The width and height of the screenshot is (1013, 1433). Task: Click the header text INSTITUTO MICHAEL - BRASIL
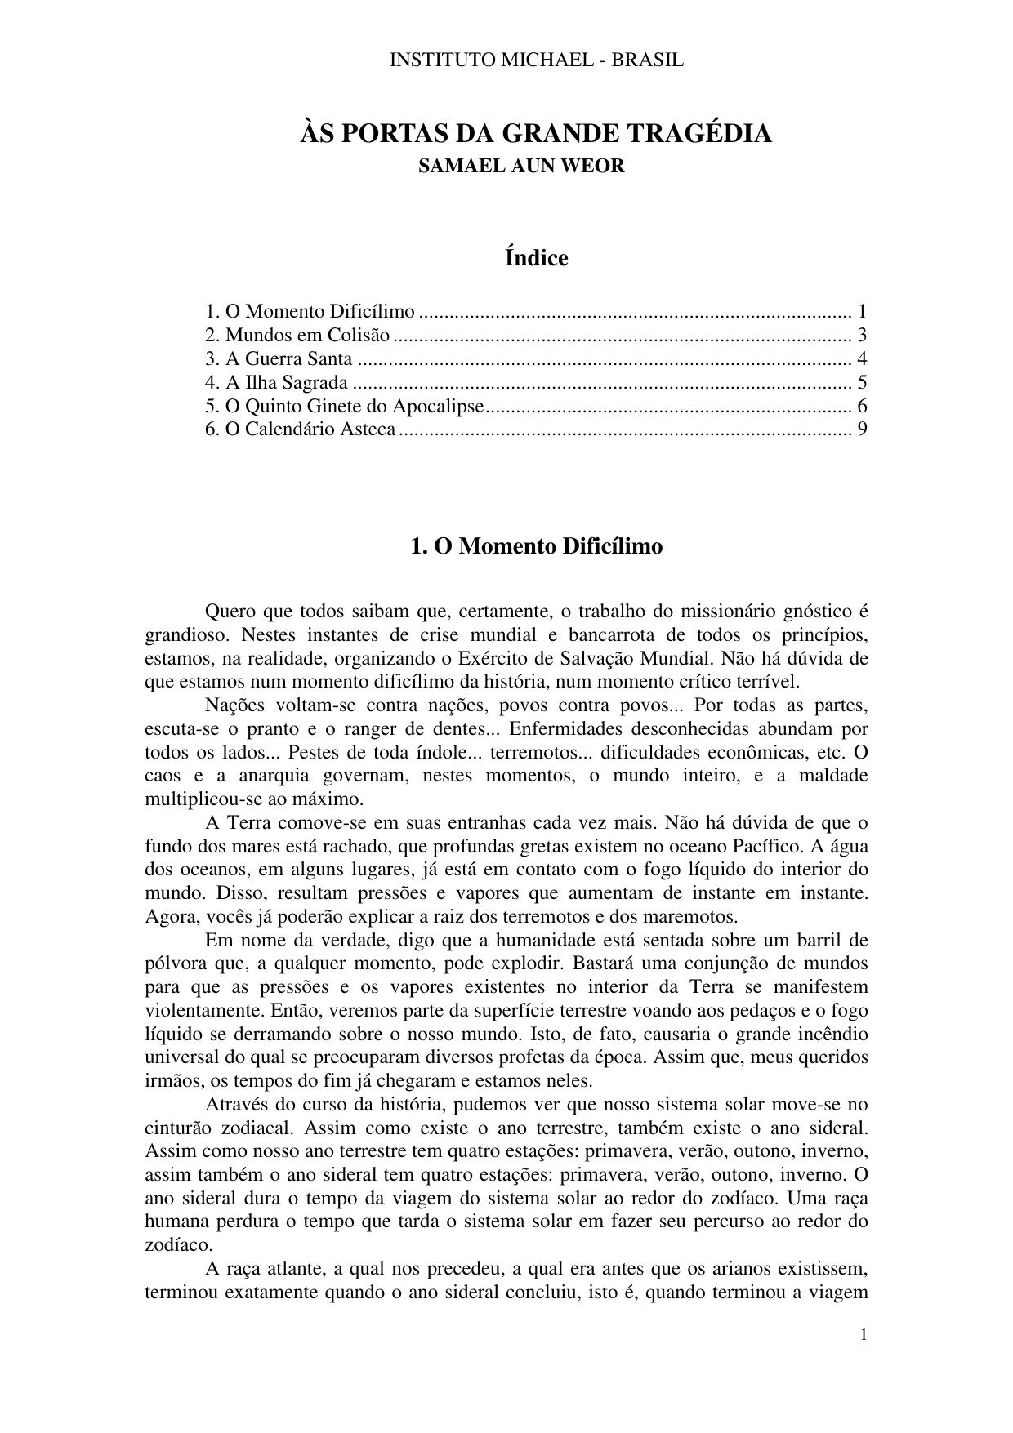(536, 60)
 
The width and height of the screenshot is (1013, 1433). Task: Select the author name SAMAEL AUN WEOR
(521, 166)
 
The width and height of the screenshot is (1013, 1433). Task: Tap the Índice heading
(536, 258)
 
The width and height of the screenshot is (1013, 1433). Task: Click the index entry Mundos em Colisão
(307, 335)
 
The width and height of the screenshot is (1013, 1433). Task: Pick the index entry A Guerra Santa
(288, 358)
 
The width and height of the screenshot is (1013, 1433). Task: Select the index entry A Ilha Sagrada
(286, 382)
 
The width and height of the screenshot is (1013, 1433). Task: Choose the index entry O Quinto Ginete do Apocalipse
(354, 406)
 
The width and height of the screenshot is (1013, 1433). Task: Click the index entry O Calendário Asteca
(310, 429)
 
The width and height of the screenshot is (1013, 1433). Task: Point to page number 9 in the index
(862, 429)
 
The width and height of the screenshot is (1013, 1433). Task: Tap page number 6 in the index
(862, 406)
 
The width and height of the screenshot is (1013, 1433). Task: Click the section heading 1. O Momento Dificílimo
(536, 546)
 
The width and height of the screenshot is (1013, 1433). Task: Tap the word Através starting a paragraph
(237, 1105)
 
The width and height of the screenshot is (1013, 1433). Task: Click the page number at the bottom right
(864, 1335)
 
